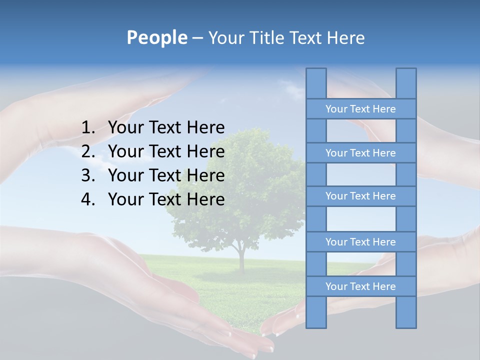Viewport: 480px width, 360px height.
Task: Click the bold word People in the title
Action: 156,38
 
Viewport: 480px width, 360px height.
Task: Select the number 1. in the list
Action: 88,128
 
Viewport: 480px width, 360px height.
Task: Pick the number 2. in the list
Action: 88,151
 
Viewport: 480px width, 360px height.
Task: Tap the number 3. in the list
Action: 88,175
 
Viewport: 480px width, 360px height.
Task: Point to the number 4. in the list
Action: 88,199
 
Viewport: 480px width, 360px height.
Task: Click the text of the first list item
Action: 166,128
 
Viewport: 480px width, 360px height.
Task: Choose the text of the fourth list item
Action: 166,199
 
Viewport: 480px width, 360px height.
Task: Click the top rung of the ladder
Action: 360,109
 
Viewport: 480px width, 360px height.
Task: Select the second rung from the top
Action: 360,153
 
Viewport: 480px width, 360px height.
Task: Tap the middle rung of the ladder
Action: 360,196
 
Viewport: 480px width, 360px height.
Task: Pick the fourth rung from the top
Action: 360,242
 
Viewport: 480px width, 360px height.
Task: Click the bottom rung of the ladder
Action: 360,286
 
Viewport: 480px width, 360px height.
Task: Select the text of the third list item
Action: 166,175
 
